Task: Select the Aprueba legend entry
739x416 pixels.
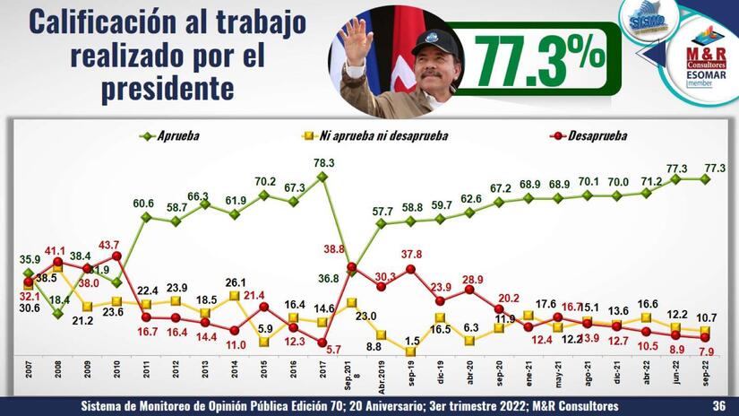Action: tap(177, 136)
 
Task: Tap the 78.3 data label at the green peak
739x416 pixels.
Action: tap(323, 162)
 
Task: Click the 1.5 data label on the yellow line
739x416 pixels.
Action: tap(411, 342)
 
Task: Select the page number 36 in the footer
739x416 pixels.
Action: tap(718, 406)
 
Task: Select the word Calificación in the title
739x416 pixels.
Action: tap(99, 24)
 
